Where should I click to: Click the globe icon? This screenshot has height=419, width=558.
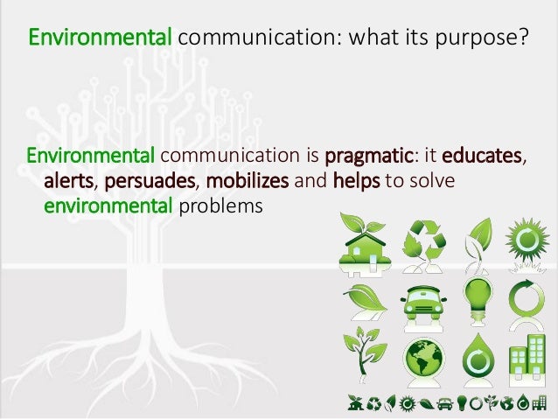point(422,358)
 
